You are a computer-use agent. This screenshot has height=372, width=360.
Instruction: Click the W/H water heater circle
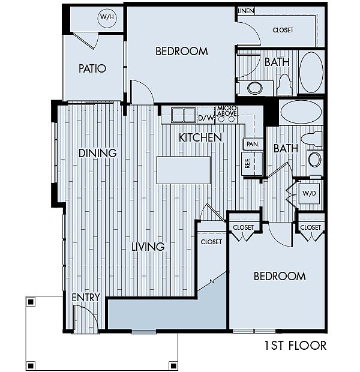[107, 18]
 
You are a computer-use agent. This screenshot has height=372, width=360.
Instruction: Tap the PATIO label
[92, 68]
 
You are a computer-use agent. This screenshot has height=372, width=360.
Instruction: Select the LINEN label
[246, 11]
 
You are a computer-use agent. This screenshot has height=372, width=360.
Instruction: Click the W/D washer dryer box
[309, 193]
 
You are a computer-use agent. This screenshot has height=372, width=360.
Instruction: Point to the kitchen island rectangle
[184, 170]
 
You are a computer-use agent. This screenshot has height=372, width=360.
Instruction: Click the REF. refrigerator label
[247, 163]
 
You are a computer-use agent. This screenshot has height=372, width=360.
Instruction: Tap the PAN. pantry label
[253, 144]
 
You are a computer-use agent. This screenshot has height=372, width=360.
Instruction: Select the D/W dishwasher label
[206, 118]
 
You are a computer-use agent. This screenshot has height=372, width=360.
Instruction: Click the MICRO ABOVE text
[227, 111]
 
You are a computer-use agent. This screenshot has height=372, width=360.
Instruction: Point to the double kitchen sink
[184, 115]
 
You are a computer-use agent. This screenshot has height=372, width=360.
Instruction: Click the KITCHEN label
[200, 137]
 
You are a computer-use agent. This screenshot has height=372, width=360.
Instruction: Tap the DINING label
[98, 153]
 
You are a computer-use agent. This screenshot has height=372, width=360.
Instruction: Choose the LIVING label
[148, 247]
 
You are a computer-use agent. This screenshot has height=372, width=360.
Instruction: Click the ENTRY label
[86, 297]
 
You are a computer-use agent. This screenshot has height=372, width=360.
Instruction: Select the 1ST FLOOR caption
[296, 346]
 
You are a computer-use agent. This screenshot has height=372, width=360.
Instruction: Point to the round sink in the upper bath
[255, 88]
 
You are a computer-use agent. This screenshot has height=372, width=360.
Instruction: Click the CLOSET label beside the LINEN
[283, 30]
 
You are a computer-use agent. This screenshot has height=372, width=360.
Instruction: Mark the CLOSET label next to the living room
[211, 242]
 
